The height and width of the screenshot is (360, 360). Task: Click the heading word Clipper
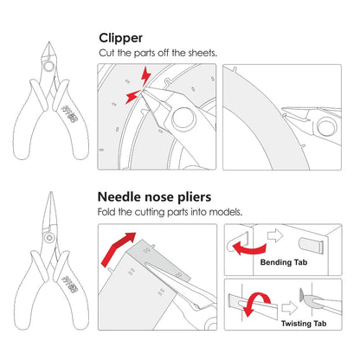[x=122, y=39]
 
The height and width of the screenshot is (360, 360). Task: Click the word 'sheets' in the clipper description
[x=202, y=54]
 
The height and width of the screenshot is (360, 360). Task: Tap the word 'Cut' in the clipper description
[x=106, y=54]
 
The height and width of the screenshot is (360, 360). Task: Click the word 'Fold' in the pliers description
[x=107, y=212]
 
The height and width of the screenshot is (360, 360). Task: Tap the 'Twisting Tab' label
[x=305, y=323]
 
